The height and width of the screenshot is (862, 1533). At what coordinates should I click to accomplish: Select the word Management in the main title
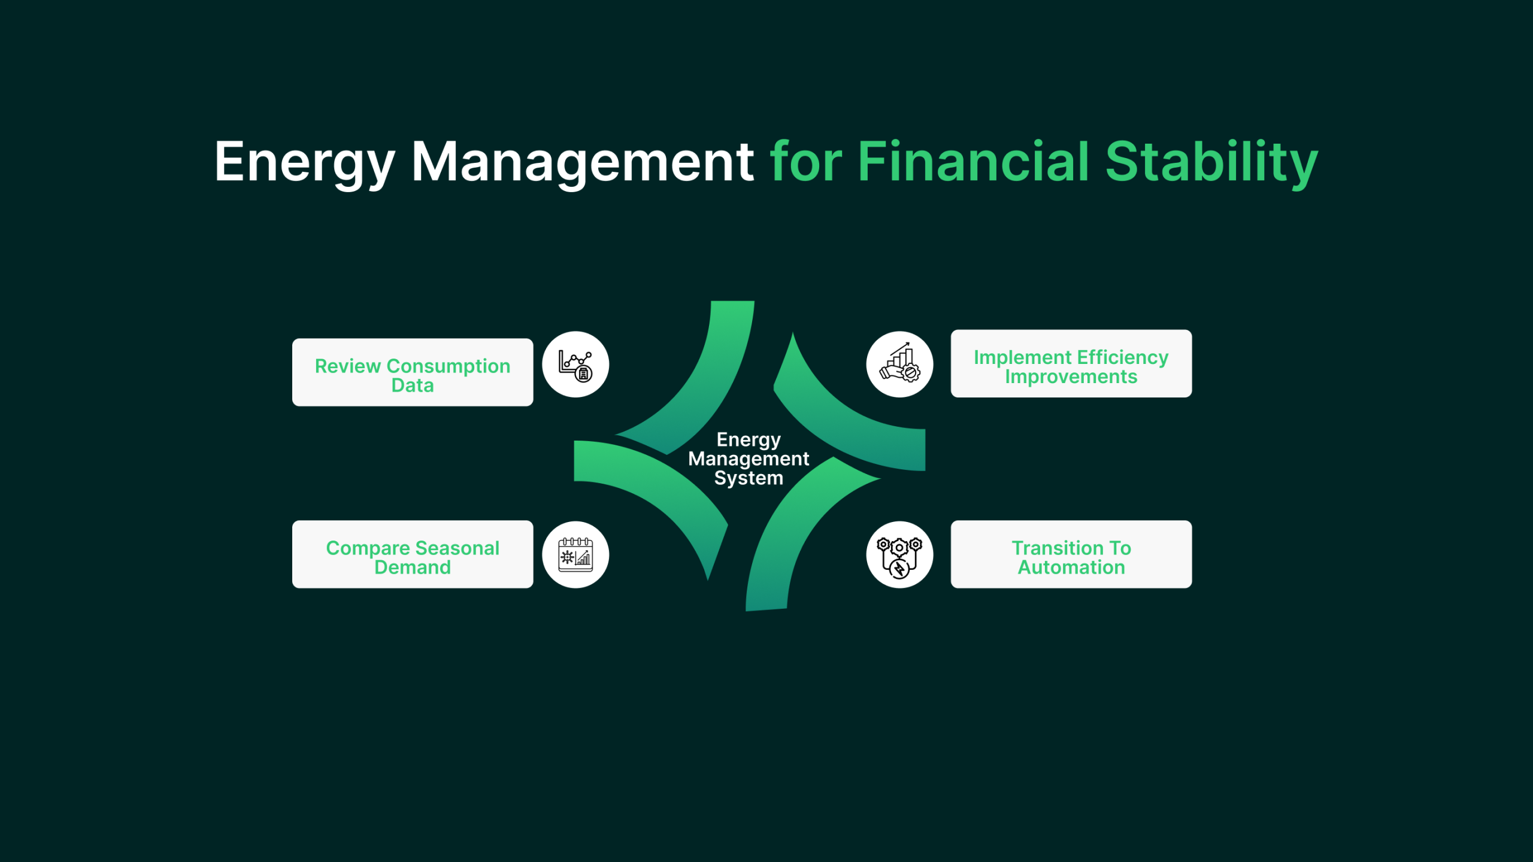pyautogui.click(x=583, y=163)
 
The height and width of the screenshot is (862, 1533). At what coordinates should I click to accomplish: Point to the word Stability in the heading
pyautogui.click(x=1211, y=163)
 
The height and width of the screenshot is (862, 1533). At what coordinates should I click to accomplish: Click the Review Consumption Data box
pyautogui.click(x=413, y=372)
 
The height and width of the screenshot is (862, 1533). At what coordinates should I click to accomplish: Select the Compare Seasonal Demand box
pyautogui.click(x=413, y=554)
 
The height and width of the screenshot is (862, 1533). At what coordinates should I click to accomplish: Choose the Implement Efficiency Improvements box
pyautogui.click(x=1071, y=363)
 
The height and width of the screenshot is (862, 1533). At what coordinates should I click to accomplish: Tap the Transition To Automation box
pyautogui.click(x=1071, y=554)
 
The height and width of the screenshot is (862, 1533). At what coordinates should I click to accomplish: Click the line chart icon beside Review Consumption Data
pyautogui.click(x=575, y=365)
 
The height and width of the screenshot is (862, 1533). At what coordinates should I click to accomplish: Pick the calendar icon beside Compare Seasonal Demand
pyautogui.click(x=575, y=555)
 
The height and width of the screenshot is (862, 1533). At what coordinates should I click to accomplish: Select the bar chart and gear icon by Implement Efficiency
pyautogui.click(x=899, y=365)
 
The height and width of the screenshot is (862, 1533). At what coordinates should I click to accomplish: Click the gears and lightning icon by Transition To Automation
pyautogui.click(x=899, y=555)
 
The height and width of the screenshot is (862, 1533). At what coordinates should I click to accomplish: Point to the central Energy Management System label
pyautogui.click(x=749, y=459)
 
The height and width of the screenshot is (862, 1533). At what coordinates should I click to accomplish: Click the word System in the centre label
pyautogui.click(x=749, y=478)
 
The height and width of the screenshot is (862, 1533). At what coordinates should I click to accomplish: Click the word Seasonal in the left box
pyautogui.click(x=457, y=548)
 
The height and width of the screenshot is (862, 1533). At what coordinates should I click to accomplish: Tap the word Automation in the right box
pyautogui.click(x=1071, y=567)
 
